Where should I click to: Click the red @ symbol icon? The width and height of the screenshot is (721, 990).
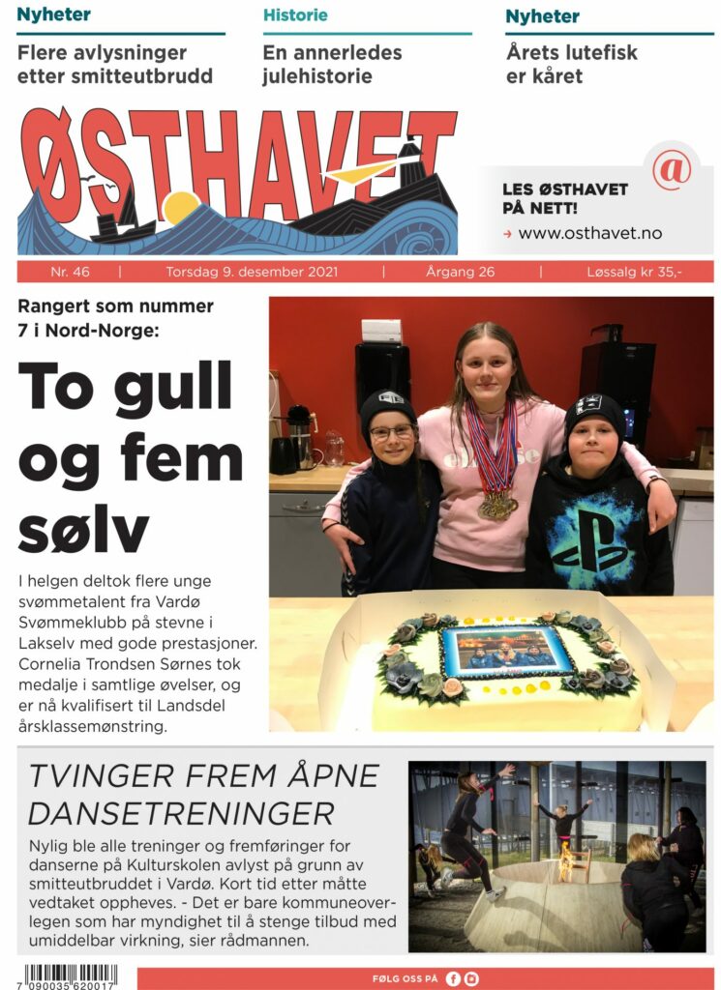coord(671,169)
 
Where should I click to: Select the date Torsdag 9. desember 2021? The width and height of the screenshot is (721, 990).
coord(252,272)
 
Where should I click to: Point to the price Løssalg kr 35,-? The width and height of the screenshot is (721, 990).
coord(634,272)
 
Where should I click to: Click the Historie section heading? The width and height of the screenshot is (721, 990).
coord(295,15)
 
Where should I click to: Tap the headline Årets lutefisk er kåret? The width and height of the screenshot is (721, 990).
coord(571,64)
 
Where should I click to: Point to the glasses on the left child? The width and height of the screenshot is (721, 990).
coord(390,432)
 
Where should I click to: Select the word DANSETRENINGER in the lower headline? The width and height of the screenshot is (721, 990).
coord(181,811)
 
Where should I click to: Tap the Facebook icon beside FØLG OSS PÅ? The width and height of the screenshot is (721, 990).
coord(453,978)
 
